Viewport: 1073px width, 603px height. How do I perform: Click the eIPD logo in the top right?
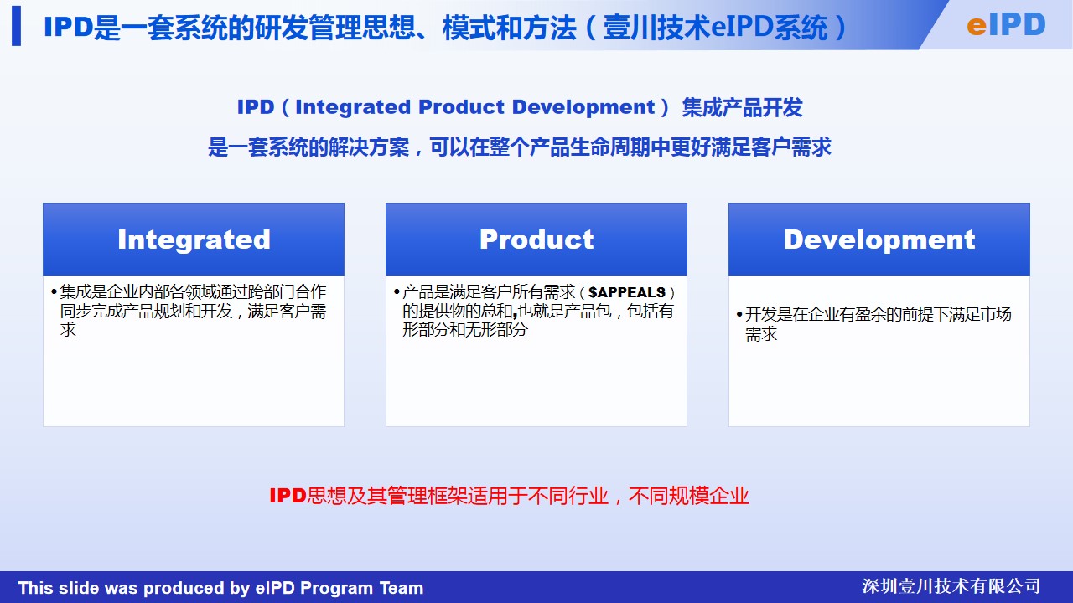coord(1006,25)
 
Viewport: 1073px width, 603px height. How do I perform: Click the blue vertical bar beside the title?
coord(16,26)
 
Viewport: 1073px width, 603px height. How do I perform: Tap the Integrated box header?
coord(194,240)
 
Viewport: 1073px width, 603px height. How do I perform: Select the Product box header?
coord(536,240)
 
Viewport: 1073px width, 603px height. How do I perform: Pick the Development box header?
coord(879,240)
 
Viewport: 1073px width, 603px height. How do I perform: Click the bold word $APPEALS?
coord(627,292)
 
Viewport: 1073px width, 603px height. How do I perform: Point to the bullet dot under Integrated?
coord(54,291)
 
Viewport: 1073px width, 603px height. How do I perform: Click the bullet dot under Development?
coord(739,314)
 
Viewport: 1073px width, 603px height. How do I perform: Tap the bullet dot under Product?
coord(397,291)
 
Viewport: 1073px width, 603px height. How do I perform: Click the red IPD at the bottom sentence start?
coord(288,496)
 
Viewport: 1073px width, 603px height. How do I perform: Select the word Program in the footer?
coord(337,588)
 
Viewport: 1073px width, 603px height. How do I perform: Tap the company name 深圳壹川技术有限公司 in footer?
coord(951,586)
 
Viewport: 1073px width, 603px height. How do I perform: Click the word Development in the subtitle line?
coord(583,106)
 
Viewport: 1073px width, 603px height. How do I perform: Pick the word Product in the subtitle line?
coord(462,106)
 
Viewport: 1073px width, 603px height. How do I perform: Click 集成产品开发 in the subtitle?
coord(743,107)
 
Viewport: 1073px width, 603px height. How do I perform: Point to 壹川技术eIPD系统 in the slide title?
coord(716,28)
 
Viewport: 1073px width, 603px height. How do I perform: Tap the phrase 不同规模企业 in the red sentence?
coord(689,496)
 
